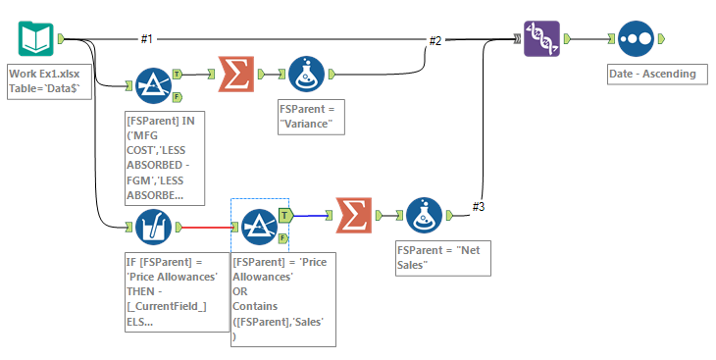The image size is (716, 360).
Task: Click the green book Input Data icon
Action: pyautogui.click(x=34, y=39)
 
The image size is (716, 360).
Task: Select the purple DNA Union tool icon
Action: pyautogui.click(x=542, y=39)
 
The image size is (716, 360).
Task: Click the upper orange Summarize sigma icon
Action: pyautogui.click(x=236, y=74)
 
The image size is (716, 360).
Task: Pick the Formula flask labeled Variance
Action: pyautogui.click(x=307, y=74)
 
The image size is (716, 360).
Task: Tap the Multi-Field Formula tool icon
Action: pyautogui.click(x=152, y=228)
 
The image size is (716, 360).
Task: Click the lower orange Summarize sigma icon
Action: pyautogui.click(x=354, y=216)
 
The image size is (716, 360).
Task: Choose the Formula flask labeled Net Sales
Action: pyautogui.click(x=424, y=216)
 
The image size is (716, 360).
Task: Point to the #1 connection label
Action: pyautogui.click(x=147, y=39)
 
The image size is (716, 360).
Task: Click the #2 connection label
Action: pyautogui.click(x=435, y=40)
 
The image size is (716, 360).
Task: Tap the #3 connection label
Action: pyautogui.click(x=479, y=206)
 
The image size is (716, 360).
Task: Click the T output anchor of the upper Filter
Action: pyautogui.click(x=176, y=74)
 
